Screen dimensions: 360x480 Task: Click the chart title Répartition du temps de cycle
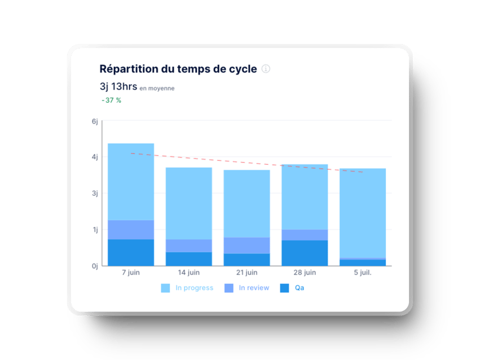[178, 69]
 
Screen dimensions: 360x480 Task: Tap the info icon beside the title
[266, 69]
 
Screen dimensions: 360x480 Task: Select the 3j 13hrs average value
[118, 86]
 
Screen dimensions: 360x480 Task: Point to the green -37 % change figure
[111, 100]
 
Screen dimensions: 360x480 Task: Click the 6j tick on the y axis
[95, 121]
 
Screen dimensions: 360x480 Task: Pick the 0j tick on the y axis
[95, 266]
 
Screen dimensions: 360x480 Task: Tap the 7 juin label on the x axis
[131, 273]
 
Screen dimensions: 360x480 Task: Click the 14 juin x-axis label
[189, 273]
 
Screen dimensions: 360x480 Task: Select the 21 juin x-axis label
[246, 273]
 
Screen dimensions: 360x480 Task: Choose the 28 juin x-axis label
[305, 273]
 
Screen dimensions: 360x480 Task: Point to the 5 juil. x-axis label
[362, 273]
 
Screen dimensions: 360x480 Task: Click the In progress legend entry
[187, 288]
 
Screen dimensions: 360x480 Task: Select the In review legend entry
[247, 288]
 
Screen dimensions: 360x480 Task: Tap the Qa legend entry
[293, 288]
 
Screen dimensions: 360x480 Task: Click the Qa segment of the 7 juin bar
[131, 252]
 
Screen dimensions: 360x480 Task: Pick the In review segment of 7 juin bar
[131, 230]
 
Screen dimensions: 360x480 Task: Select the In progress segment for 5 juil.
[362, 213]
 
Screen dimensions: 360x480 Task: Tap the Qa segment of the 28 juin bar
[305, 253]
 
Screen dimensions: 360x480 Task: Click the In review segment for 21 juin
[246, 245]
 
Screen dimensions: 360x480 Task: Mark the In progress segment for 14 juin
[189, 203]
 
